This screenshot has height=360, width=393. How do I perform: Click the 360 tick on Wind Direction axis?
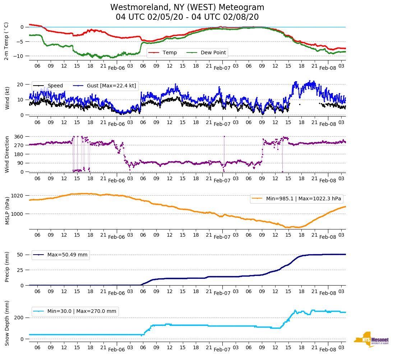click(19, 137)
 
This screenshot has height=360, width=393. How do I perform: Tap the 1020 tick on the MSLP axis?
click(18, 196)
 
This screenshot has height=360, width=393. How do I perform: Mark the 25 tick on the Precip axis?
click(20, 270)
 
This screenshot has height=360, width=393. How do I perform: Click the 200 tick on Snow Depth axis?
click(19, 318)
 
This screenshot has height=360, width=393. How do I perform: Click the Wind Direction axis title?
click(8, 154)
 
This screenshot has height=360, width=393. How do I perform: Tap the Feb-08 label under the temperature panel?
click(328, 68)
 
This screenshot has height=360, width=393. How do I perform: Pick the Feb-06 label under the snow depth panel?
click(116, 350)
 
